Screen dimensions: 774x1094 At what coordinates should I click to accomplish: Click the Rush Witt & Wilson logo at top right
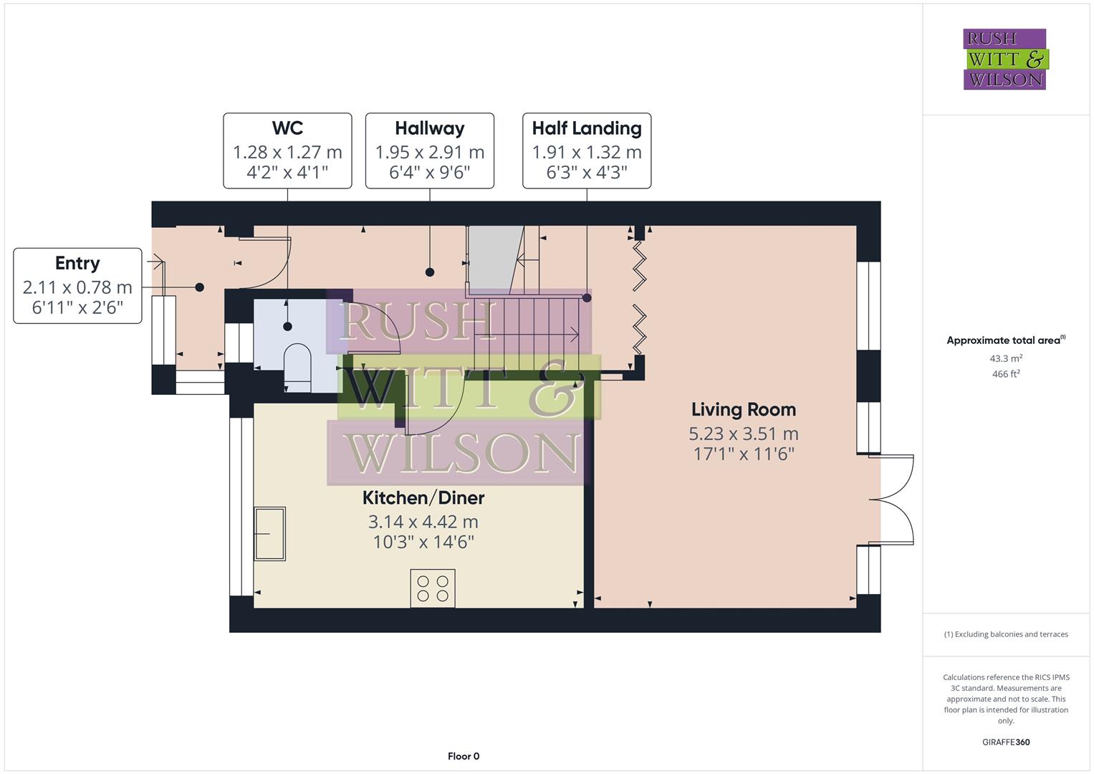click(x=1004, y=59)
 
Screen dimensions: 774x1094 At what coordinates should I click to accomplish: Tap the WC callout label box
click(x=287, y=150)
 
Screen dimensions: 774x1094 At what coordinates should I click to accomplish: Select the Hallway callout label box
click(x=429, y=150)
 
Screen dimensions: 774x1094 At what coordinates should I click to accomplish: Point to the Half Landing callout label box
click(x=586, y=150)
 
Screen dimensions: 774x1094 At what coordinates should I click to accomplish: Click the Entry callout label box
click(x=77, y=286)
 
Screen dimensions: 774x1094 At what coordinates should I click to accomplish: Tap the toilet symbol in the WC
click(x=297, y=367)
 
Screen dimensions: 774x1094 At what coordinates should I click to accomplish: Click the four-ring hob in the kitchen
click(x=433, y=588)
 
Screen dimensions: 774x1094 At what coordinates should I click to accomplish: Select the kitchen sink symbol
click(x=270, y=534)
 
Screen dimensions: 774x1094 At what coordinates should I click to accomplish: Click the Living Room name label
click(x=743, y=410)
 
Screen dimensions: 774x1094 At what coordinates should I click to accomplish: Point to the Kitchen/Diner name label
click(x=423, y=498)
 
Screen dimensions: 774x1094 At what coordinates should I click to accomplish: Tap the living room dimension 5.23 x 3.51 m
click(x=743, y=434)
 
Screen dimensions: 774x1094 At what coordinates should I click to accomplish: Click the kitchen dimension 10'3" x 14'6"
click(x=423, y=542)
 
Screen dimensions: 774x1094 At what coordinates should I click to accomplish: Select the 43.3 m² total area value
click(x=1005, y=358)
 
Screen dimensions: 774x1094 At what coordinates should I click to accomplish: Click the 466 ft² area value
click(x=1005, y=374)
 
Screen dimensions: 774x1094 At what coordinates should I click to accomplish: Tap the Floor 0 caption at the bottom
click(x=464, y=756)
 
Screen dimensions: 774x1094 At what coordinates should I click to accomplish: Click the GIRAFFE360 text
click(x=1005, y=742)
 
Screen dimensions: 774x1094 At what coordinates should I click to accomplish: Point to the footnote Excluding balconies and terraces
click(x=1005, y=634)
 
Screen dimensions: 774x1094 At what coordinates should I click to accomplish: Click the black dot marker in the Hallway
click(x=430, y=272)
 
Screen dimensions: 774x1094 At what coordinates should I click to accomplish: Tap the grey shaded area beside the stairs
click(x=491, y=258)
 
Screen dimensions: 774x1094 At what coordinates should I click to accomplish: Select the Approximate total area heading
click(x=1005, y=340)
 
